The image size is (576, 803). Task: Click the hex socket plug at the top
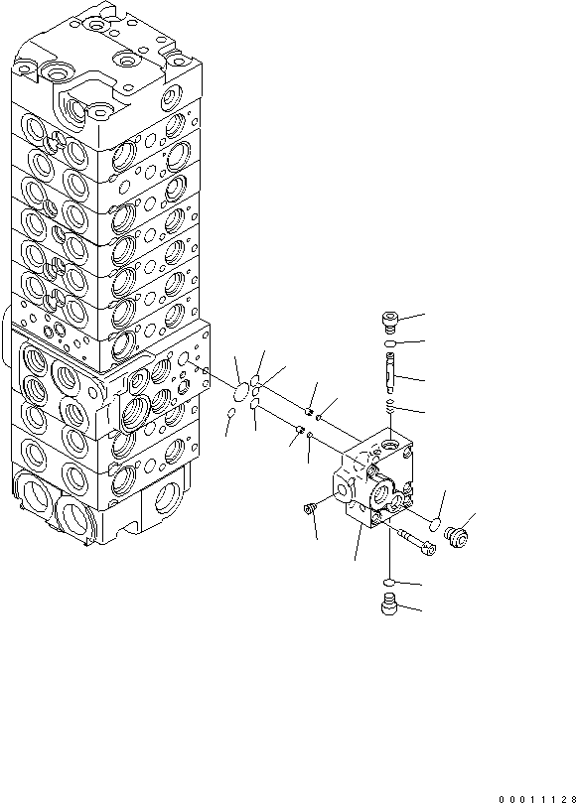(x=390, y=319)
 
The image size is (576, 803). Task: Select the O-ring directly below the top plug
(x=391, y=343)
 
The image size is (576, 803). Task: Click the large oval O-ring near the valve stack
(x=241, y=378)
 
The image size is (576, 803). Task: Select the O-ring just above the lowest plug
(x=390, y=581)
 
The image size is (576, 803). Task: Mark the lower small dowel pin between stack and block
(x=297, y=429)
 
